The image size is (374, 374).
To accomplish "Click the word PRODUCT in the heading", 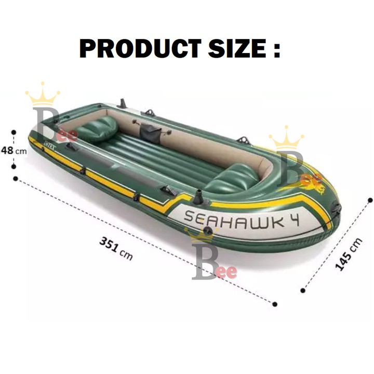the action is pos(140,49).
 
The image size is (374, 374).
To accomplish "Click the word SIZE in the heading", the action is pos(237,49).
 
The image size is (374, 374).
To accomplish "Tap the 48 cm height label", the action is pos(14,150).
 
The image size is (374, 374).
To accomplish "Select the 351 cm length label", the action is pos(116,248).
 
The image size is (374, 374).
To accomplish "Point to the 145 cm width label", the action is pos(349,254).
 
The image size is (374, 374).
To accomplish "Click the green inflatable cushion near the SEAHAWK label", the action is pos(231,178).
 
